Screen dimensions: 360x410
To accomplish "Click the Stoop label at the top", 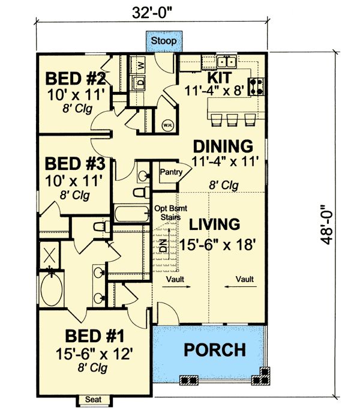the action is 164,41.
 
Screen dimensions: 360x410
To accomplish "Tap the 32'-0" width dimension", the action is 152,13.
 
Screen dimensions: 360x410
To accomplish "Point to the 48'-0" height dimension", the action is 326,225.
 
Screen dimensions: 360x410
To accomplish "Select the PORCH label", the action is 215,350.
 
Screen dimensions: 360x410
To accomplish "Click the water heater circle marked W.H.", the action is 167,125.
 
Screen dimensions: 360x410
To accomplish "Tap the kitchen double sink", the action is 227,62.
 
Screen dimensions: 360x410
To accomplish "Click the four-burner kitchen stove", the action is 256,86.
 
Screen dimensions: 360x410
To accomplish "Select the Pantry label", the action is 171,172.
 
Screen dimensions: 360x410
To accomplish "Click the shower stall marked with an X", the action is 49,256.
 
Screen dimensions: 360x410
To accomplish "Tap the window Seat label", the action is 94,400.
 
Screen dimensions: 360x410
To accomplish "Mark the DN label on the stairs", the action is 163,246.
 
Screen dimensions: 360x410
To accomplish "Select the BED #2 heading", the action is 76,79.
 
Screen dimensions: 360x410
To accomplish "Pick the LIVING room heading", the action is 214,225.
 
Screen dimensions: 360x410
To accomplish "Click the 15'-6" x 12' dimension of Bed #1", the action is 94,354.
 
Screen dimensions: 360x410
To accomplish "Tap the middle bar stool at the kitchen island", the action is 232,119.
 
